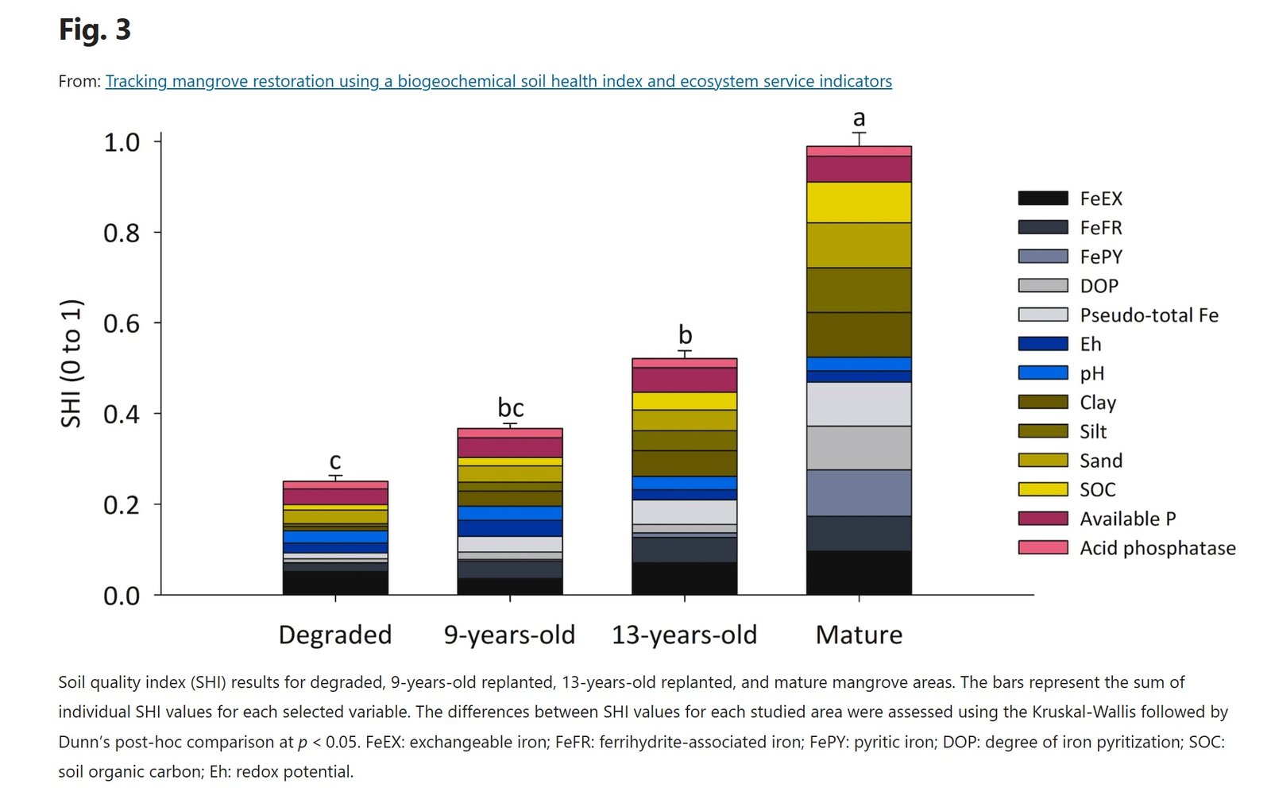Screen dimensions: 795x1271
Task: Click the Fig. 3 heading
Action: tap(95, 30)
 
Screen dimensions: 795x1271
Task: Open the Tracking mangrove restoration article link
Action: tap(498, 81)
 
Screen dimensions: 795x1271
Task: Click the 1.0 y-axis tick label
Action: tap(122, 142)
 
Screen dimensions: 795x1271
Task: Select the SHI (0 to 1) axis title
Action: tap(71, 363)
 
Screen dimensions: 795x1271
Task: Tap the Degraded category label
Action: tap(334, 635)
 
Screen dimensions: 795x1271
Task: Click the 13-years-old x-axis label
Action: tap(684, 635)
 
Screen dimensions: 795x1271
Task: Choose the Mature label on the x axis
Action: tap(859, 635)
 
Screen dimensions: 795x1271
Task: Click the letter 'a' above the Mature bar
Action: tap(859, 118)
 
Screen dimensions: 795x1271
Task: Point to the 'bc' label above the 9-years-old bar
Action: tap(510, 407)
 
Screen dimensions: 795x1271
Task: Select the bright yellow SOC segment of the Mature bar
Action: tap(859, 203)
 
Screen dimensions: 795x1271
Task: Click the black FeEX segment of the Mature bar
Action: tap(859, 573)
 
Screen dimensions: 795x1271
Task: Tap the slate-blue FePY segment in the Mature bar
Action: tap(859, 492)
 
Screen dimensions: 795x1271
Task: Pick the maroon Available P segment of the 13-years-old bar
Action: tap(684, 380)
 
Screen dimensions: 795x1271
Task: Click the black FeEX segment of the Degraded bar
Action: tap(334, 582)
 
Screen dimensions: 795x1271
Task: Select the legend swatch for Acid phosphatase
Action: tap(1042, 547)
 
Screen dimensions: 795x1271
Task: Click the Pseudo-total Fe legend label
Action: tap(1149, 315)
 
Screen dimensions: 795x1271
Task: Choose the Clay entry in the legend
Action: tap(1098, 403)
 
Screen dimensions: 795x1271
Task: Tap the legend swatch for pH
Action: tap(1042, 372)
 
